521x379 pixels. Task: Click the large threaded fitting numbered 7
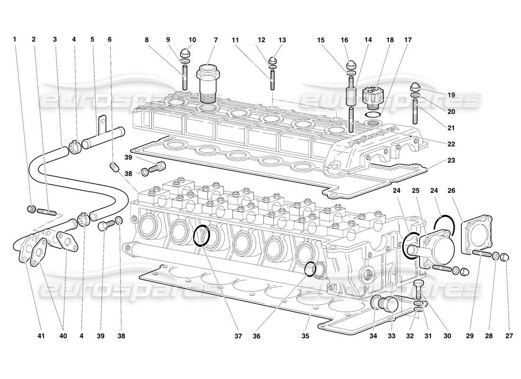click(x=207, y=83)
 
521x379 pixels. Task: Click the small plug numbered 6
click(x=113, y=167)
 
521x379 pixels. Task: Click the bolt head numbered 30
click(x=417, y=285)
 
